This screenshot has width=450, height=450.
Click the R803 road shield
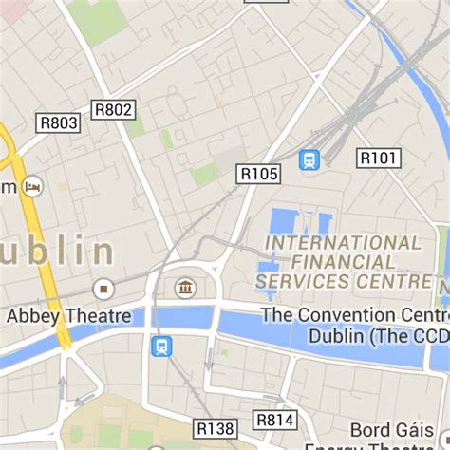coord(59,122)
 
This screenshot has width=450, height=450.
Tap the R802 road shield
coord(114,110)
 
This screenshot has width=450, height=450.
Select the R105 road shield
coord(259,173)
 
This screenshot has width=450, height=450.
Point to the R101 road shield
coord(378,158)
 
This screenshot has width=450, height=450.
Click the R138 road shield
coord(216,429)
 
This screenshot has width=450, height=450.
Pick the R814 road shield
coord(275,420)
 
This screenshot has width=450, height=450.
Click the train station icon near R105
coord(309,159)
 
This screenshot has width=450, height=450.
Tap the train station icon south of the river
coord(161,346)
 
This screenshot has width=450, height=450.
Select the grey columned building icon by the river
coord(185,287)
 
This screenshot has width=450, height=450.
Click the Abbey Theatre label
coord(68,316)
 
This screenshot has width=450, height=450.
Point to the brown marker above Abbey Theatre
coord(103,288)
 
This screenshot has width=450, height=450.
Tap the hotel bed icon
coord(34,185)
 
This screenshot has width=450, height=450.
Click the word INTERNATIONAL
coord(343,243)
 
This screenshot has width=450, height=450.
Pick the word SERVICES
coord(303,282)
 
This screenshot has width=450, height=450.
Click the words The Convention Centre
coord(353,315)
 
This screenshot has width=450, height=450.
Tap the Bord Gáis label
coord(396,430)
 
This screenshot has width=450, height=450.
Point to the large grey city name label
coord(57,253)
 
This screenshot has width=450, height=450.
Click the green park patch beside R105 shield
coord(205,174)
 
